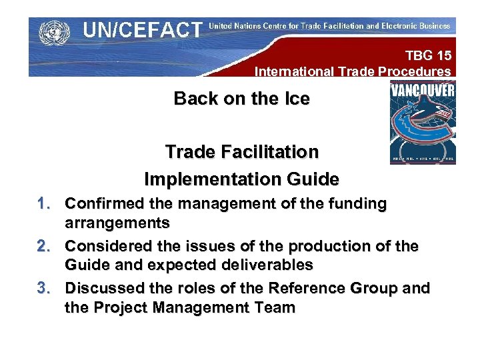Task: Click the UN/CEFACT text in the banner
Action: pos(142,30)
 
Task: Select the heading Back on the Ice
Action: pos(241,99)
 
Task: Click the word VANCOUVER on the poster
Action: pos(423,89)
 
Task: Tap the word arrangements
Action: pos(117,223)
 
